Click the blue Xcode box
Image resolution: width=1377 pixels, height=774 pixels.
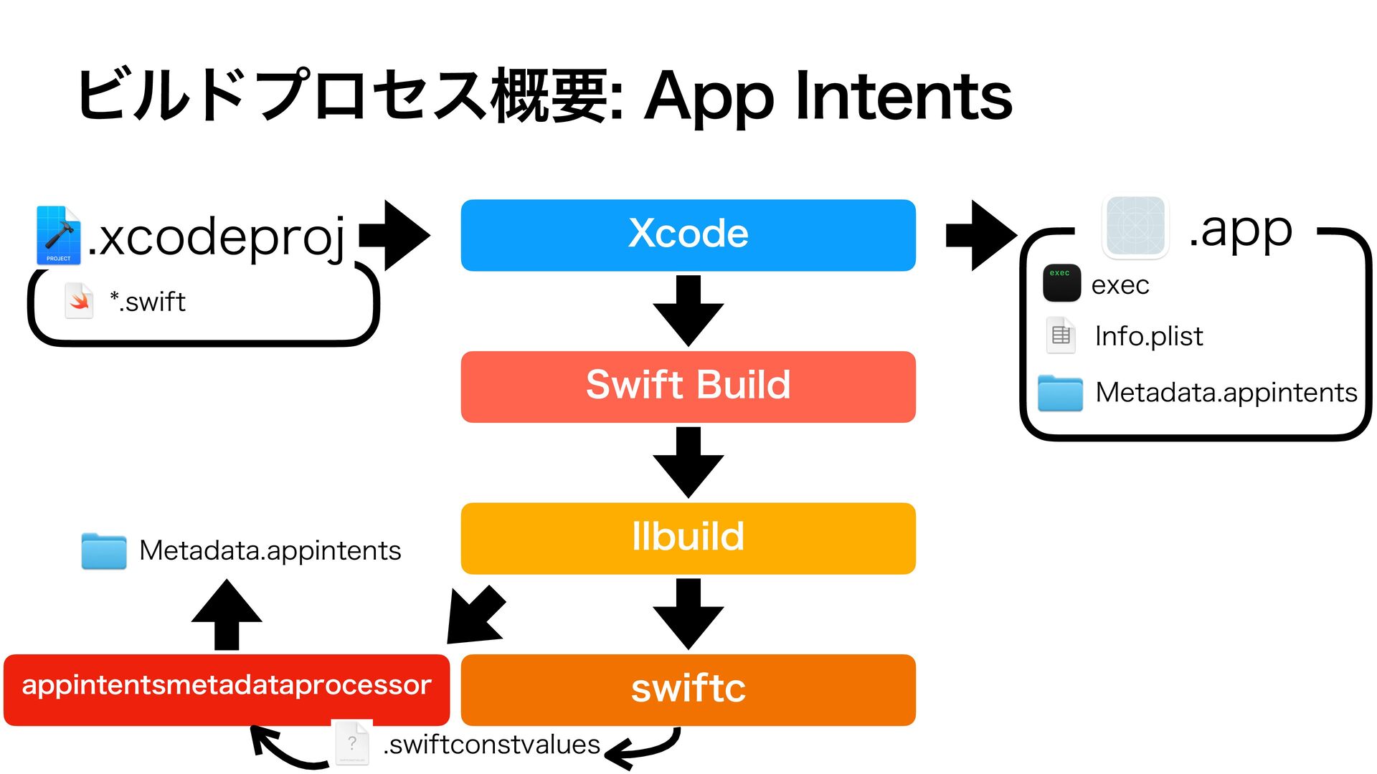688,235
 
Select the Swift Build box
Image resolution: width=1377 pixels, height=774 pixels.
688,387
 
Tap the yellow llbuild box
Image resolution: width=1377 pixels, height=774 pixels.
688,538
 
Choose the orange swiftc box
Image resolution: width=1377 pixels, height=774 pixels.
688,689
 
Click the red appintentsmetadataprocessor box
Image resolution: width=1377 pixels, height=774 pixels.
227,689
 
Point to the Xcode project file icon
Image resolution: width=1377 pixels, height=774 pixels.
58,235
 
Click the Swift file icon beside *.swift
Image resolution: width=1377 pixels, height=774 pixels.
79,301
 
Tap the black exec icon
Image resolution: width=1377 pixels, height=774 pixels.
1061,283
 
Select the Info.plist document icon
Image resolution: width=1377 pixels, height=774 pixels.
1061,335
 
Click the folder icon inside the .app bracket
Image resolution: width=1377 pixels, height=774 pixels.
1060,393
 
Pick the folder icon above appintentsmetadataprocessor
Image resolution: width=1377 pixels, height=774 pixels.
104,551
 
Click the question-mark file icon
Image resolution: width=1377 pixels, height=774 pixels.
353,743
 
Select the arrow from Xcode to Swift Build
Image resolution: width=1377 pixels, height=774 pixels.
688,311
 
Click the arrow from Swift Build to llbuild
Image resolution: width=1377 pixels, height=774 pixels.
688,462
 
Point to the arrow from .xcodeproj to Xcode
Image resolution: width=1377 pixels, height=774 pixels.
394,235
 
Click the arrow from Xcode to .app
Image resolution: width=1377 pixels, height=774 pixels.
982,235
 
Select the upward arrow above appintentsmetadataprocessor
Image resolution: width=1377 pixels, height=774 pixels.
227,615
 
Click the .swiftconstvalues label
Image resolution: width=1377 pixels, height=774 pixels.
491,745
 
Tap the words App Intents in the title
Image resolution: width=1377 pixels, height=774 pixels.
828,96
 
